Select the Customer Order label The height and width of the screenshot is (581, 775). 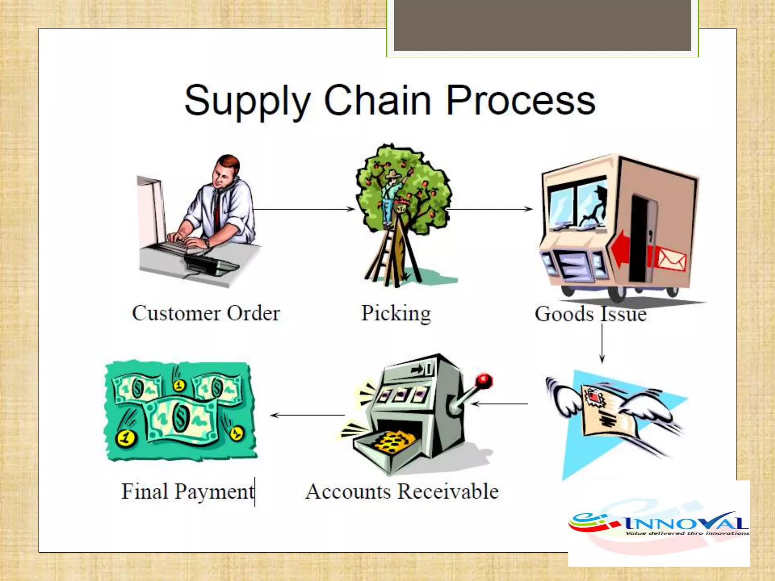[x=206, y=314]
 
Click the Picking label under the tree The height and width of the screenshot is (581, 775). [x=396, y=314]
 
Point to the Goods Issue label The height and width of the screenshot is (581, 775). [x=590, y=314]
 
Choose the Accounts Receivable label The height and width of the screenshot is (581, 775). [x=402, y=492]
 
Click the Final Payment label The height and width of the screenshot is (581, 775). [x=188, y=492]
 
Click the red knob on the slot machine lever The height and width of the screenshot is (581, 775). [x=484, y=381]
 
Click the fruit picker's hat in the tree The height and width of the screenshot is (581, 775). [x=394, y=174]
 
